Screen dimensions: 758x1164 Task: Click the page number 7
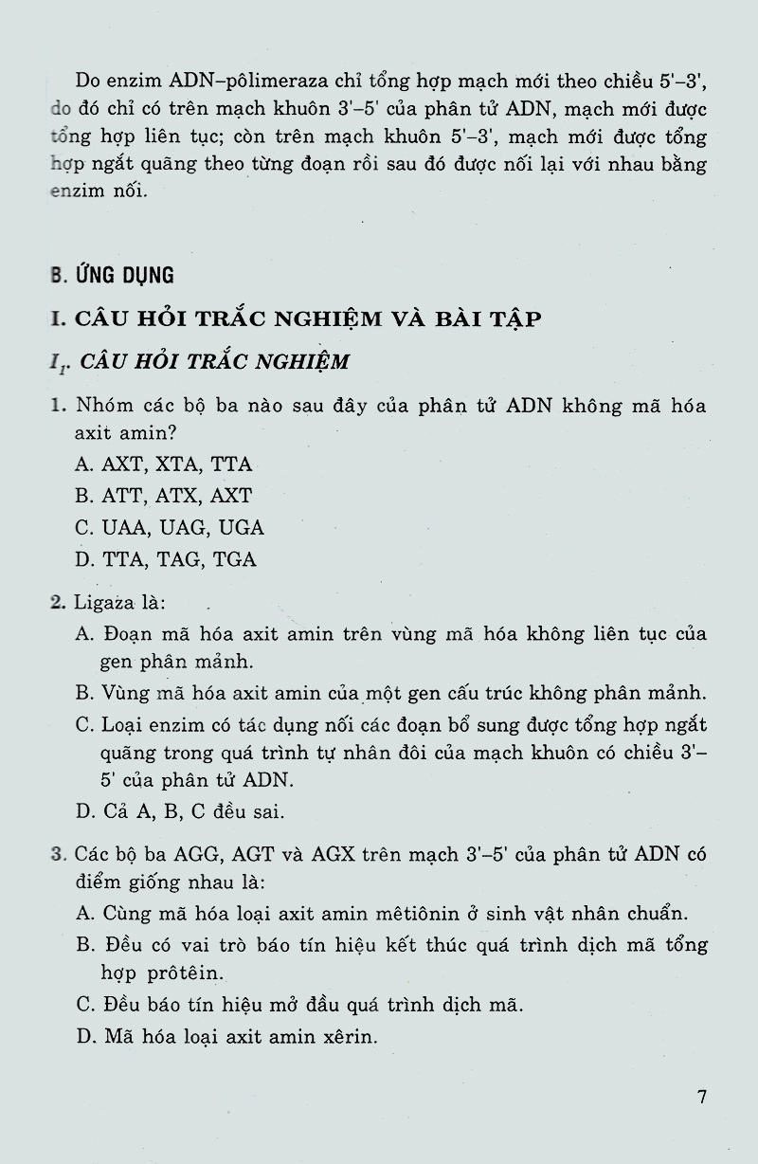[x=702, y=1098]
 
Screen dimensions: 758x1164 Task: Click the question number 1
[x=57, y=407]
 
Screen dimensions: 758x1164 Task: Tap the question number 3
[x=57, y=855]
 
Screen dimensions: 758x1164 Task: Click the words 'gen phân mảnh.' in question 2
[x=176, y=661]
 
